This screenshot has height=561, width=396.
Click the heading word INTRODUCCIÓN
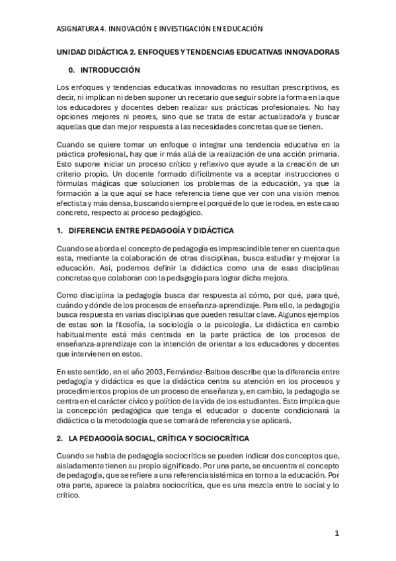[110, 69]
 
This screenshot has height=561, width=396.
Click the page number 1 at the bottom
[337, 533]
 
